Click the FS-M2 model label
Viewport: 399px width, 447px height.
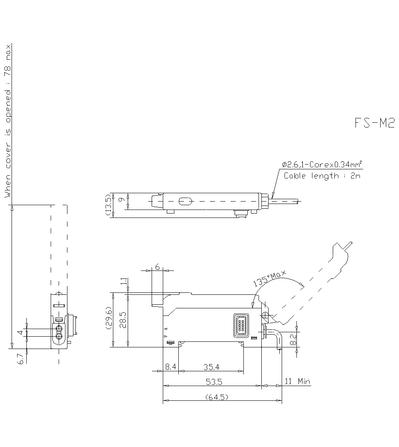(374, 124)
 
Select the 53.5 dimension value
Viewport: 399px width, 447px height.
(214, 382)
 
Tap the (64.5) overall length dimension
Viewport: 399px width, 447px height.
(217, 397)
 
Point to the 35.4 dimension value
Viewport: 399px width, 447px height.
(211, 367)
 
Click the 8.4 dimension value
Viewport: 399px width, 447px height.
(171, 367)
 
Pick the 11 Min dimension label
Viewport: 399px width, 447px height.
(297, 381)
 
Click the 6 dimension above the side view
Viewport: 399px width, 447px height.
(158, 267)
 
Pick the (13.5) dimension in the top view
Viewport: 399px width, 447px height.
(108, 206)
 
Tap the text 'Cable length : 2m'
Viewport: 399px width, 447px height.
(322, 176)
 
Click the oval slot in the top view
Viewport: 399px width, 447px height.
(185, 202)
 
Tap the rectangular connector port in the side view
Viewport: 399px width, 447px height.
(241, 325)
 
